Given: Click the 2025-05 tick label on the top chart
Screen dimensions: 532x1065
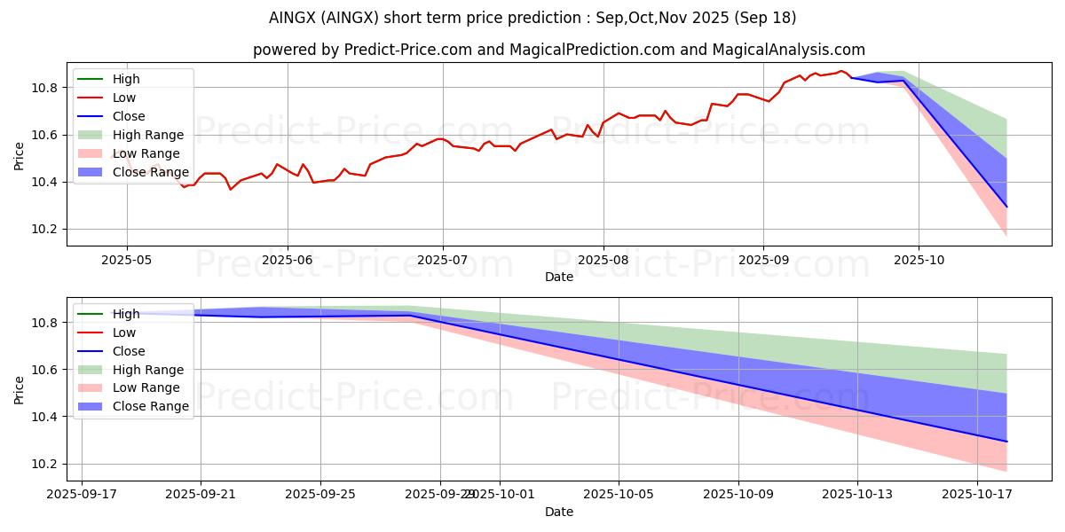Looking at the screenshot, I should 127,260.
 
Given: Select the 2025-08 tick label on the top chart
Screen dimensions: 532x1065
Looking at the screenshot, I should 603,260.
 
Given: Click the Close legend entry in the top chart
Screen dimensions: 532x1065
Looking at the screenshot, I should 129,116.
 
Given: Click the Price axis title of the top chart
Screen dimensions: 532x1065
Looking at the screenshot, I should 20,155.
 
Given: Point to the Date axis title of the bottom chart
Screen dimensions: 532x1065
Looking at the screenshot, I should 559,512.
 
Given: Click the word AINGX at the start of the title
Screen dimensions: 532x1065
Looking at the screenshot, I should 291,18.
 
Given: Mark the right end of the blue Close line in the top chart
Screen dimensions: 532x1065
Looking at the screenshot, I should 1006,207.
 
